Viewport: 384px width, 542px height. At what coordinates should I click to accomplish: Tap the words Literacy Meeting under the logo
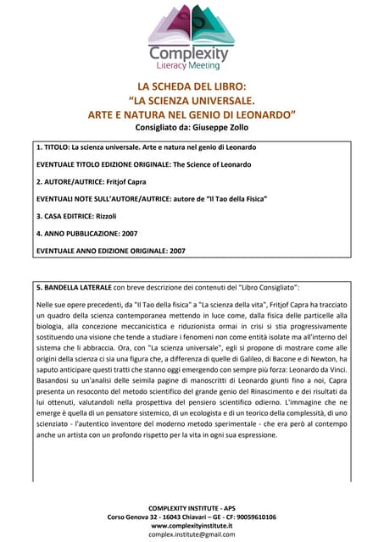191,65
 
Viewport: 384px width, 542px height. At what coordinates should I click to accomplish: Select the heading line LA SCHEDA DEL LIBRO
192,86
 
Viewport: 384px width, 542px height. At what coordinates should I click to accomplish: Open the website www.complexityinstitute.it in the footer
192,525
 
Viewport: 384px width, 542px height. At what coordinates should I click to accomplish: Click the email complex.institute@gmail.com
192,534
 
